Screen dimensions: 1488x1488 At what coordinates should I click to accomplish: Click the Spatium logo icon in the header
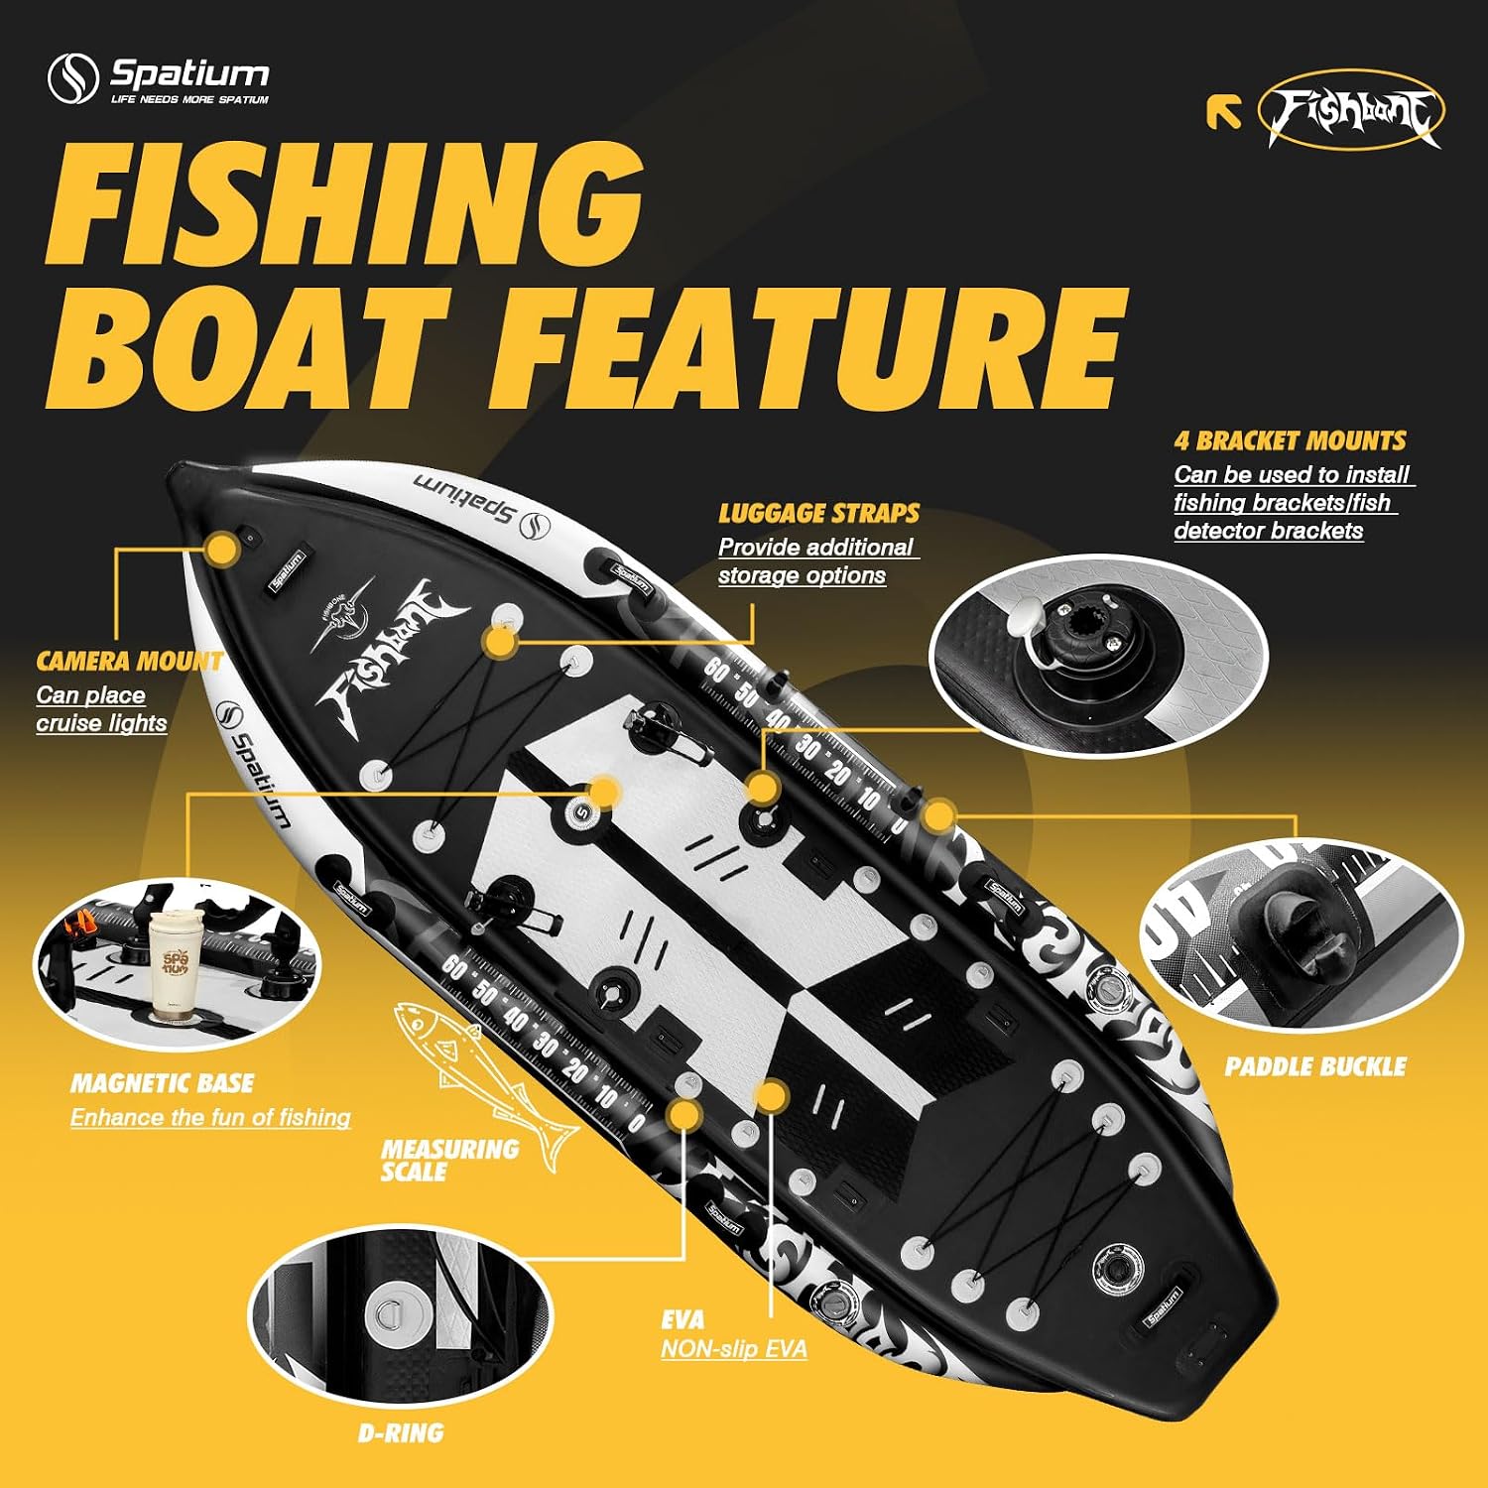pyautogui.click(x=73, y=78)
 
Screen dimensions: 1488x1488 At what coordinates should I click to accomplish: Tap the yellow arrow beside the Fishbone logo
pyautogui.click(x=1224, y=112)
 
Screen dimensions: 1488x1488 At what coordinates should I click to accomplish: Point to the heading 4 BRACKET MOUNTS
pyautogui.click(x=1291, y=440)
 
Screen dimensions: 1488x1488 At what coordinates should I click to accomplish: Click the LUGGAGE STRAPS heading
pyautogui.click(x=818, y=513)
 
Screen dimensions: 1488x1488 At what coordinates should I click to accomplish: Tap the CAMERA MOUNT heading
pyautogui.click(x=129, y=662)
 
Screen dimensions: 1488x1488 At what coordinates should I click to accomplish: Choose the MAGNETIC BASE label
pyautogui.click(x=162, y=1083)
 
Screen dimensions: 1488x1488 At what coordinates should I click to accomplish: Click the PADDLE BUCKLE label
pyautogui.click(x=1315, y=1066)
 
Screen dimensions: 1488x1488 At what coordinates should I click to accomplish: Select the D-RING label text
pyautogui.click(x=401, y=1432)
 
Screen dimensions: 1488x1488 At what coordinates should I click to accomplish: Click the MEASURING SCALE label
pyautogui.click(x=449, y=1161)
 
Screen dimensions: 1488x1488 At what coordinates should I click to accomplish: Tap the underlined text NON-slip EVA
pyautogui.click(x=734, y=1349)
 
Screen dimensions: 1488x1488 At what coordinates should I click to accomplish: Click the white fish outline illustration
pyautogui.click(x=486, y=1084)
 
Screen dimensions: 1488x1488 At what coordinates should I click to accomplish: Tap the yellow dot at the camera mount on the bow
pyautogui.click(x=223, y=548)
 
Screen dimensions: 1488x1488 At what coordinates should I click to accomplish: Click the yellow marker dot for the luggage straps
pyautogui.click(x=500, y=641)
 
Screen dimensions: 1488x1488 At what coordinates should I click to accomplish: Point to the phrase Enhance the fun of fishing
pyautogui.click(x=210, y=1118)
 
